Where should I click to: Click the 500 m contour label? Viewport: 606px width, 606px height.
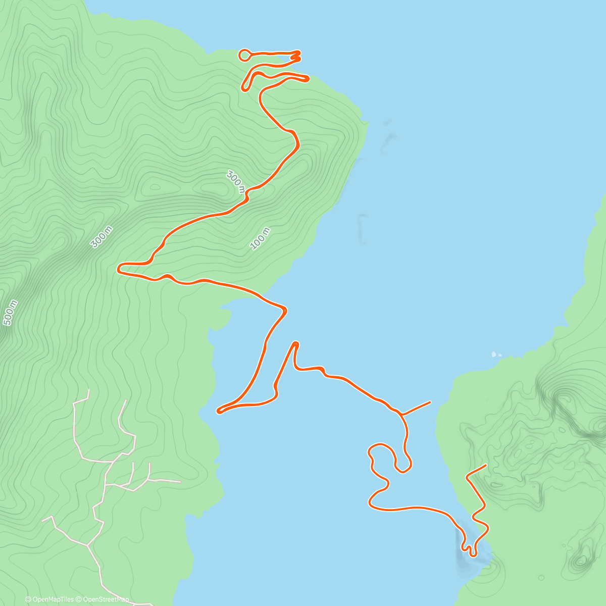(11, 313)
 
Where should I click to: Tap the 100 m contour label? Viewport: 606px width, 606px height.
(261, 239)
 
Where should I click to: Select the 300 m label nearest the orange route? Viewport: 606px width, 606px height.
(236, 182)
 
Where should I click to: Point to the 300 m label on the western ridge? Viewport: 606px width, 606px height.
(102, 237)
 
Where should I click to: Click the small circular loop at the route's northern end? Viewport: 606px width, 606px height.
(244, 55)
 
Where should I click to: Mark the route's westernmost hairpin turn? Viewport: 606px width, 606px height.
(119, 268)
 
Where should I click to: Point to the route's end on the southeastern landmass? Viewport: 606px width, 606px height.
(486, 465)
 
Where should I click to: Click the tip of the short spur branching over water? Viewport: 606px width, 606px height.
(430, 402)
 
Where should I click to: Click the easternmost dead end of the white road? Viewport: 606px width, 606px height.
(180, 482)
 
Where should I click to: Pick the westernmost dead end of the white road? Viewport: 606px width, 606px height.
(42, 520)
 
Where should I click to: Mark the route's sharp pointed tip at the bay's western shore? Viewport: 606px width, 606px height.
(218, 412)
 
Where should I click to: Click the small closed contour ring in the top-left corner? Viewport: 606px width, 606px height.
(104, 48)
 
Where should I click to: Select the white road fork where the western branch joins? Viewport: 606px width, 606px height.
(88, 545)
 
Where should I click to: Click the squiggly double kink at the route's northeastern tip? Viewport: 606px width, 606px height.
(297, 56)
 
